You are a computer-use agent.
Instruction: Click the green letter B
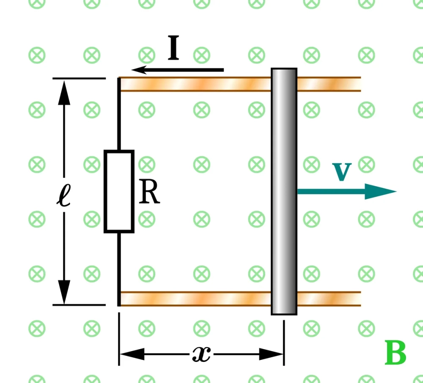click(x=396, y=353)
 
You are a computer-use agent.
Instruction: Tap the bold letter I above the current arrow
click(x=173, y=49)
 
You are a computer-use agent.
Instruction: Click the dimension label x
click(x=201, y=353)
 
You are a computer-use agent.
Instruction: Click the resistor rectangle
click(x=119, y=191)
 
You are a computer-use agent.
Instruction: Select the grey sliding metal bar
click(x=284, y=191)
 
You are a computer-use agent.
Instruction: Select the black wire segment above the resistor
click(x=119, y=114)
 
